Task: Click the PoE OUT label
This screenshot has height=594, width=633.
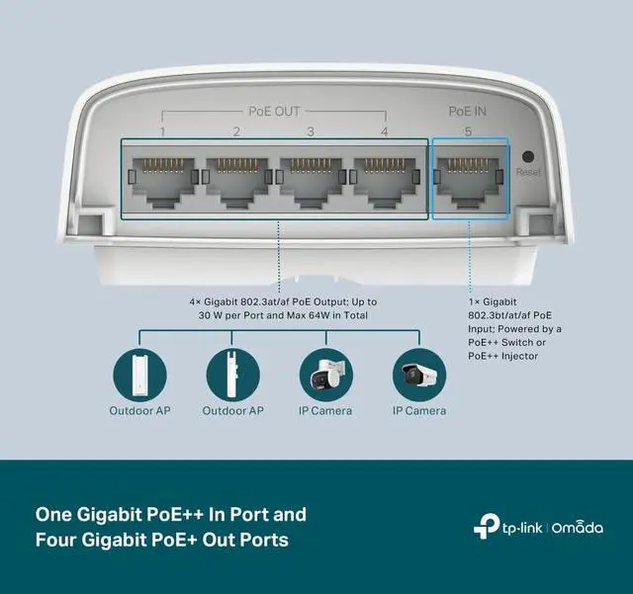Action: (273, 112)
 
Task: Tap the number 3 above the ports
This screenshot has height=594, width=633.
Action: (311, 132)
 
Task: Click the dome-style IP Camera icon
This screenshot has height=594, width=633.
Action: (325, 372)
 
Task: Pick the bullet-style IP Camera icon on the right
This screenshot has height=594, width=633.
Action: (418, 372)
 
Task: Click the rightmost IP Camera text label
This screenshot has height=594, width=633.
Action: (418, 410)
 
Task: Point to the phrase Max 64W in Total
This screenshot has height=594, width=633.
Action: (332, 316)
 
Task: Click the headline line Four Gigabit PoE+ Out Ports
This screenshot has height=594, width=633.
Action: (163, 541)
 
